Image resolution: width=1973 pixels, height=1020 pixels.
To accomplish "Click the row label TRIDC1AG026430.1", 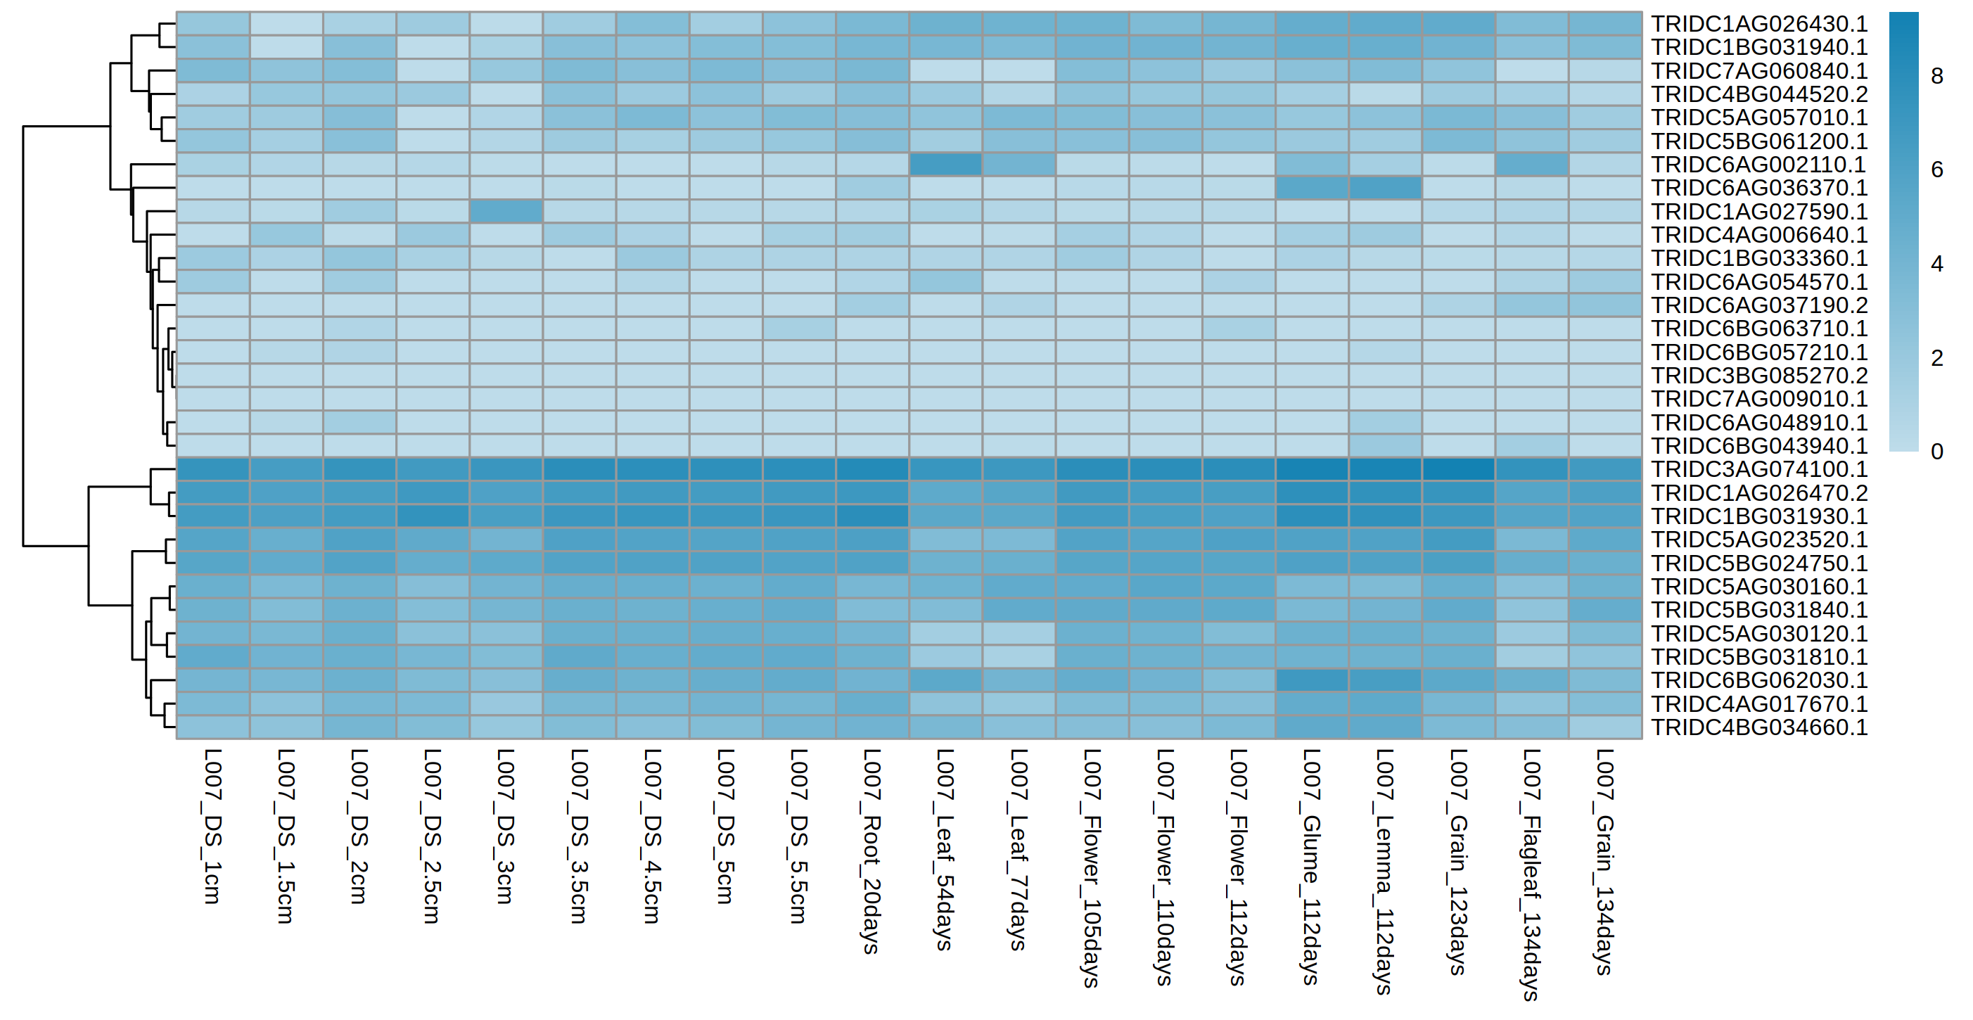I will click(1758, 24).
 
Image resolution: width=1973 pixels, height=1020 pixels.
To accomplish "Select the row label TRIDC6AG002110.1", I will click(1758, 165).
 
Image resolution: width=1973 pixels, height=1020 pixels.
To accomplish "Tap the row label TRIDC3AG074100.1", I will click(1758, 468).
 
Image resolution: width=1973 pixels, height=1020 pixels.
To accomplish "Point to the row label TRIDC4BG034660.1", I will click(1758, 727).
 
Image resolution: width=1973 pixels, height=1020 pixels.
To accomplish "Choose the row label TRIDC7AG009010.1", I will click(1758, 399).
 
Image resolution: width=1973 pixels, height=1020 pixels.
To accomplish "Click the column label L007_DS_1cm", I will click(212, 827).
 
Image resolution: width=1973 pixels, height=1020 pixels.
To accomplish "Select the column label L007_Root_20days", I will click(871, 850).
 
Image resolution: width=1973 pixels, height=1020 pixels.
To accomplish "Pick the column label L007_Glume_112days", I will click(1311, 866).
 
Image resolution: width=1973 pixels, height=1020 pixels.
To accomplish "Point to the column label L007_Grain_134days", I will click(1604, 862).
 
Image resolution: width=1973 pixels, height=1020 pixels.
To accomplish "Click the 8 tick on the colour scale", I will click(1937, 76).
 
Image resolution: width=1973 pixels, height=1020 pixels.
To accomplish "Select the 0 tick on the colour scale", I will click(1937, 451).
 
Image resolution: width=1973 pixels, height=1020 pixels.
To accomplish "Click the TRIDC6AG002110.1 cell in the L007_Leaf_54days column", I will click(945, 165).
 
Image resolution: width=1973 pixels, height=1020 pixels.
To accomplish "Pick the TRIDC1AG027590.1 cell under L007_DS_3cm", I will click(506, 211).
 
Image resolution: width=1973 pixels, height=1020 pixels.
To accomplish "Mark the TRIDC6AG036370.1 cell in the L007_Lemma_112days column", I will click(1385, 188).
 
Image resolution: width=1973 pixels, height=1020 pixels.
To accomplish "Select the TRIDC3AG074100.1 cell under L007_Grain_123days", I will click(1458, 468).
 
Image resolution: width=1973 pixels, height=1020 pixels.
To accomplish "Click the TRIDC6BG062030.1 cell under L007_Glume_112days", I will click(1311, 680).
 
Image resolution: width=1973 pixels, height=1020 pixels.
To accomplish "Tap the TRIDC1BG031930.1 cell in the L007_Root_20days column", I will click(871, 516).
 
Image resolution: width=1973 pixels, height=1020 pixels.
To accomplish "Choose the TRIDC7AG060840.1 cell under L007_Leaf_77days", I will click(1019, 70).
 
